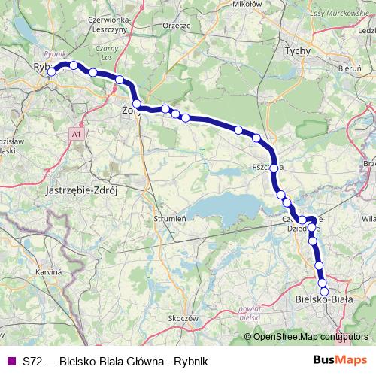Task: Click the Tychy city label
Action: coord(293,52)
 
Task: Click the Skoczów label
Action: coord(183,317)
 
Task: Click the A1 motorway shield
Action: coord(76,135)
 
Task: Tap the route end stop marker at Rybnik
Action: coord(51,73)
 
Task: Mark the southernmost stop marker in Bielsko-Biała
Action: coord(325,292)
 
